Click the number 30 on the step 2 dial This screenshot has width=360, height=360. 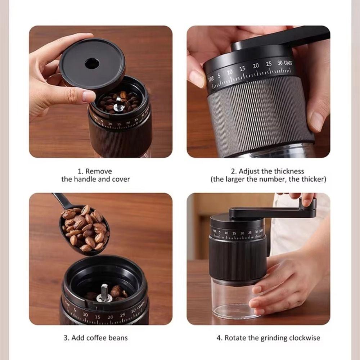280,63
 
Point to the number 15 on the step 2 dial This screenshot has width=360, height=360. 242,68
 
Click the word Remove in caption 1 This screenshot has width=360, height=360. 99,171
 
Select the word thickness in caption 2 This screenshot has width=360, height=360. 289,171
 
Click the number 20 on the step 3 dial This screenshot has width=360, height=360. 110,317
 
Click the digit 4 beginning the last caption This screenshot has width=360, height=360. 219,338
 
